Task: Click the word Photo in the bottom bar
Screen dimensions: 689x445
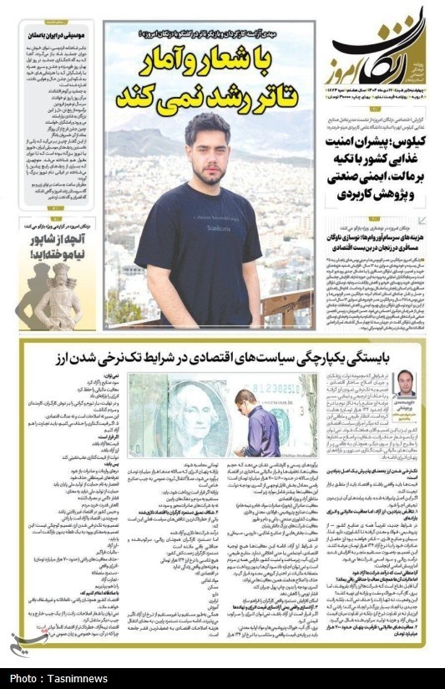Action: click(26, 676)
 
